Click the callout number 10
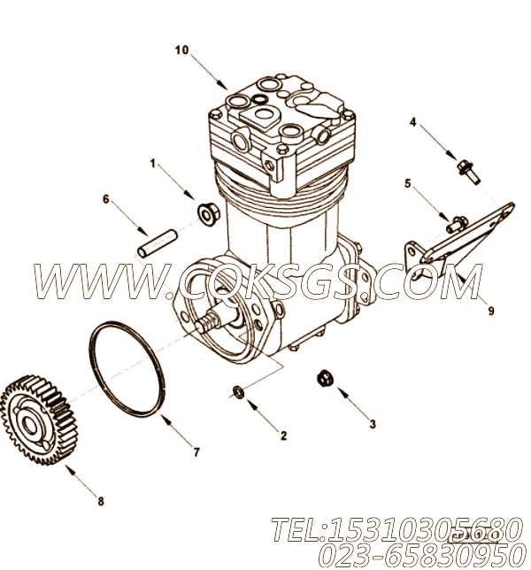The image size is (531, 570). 181,50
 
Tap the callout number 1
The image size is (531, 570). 153,164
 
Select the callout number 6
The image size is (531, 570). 106,199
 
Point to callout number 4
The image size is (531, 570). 413,122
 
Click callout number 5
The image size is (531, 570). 408,183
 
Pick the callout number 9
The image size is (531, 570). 491,311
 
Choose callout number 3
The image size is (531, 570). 373,424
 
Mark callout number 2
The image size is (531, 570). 283,435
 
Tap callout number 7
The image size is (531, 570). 196,452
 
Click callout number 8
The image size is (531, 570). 101,501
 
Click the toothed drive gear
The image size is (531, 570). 39,420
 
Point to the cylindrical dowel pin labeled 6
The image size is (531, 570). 158,243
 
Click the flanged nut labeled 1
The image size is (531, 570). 208,215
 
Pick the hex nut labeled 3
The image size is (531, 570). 325,378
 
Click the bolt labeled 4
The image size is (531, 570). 468,173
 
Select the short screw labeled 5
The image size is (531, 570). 457,224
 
